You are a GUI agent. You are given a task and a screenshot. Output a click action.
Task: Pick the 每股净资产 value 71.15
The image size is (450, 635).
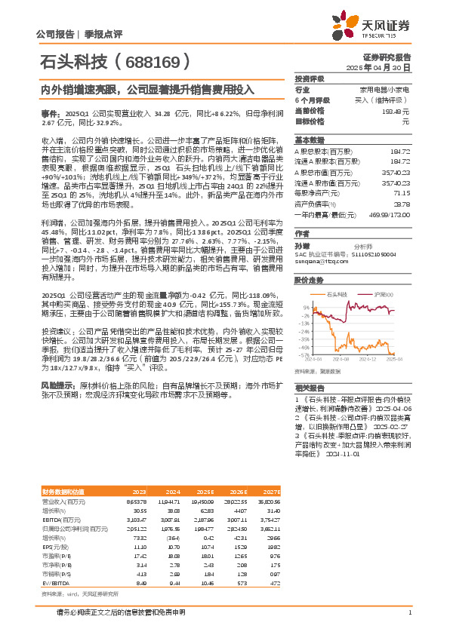[402, 193]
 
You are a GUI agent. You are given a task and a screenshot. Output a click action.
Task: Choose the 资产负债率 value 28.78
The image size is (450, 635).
[402, 204]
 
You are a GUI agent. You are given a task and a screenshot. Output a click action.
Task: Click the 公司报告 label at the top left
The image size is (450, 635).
[54, 34]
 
